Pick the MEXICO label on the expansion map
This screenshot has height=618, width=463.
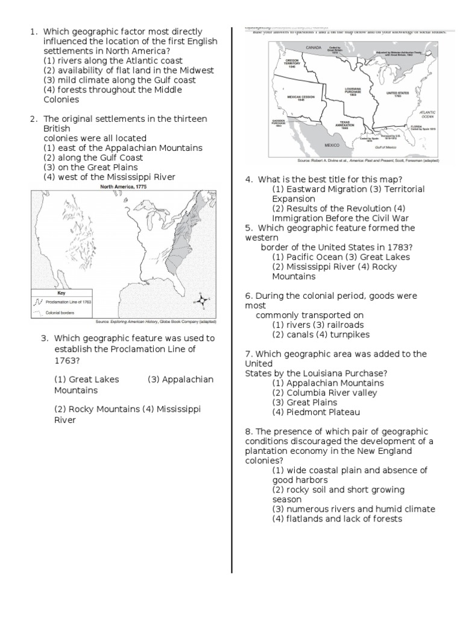pos(332,145)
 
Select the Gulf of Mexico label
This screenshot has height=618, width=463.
pos(386,147)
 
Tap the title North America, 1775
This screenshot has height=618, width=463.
pos(124,187)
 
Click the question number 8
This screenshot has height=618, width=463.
pos(248,432)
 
